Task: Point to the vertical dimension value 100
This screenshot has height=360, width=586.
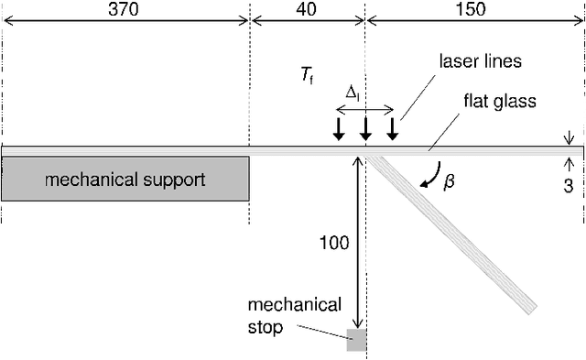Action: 336,244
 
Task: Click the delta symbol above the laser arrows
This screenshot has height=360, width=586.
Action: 353,93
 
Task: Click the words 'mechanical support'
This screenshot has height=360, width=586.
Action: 125,179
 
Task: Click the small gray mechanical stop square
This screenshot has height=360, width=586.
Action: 356,341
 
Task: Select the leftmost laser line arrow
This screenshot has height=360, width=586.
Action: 339,129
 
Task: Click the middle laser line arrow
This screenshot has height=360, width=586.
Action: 365,129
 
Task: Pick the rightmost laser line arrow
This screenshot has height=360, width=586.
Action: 392,129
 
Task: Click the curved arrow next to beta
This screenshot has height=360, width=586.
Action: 429,175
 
